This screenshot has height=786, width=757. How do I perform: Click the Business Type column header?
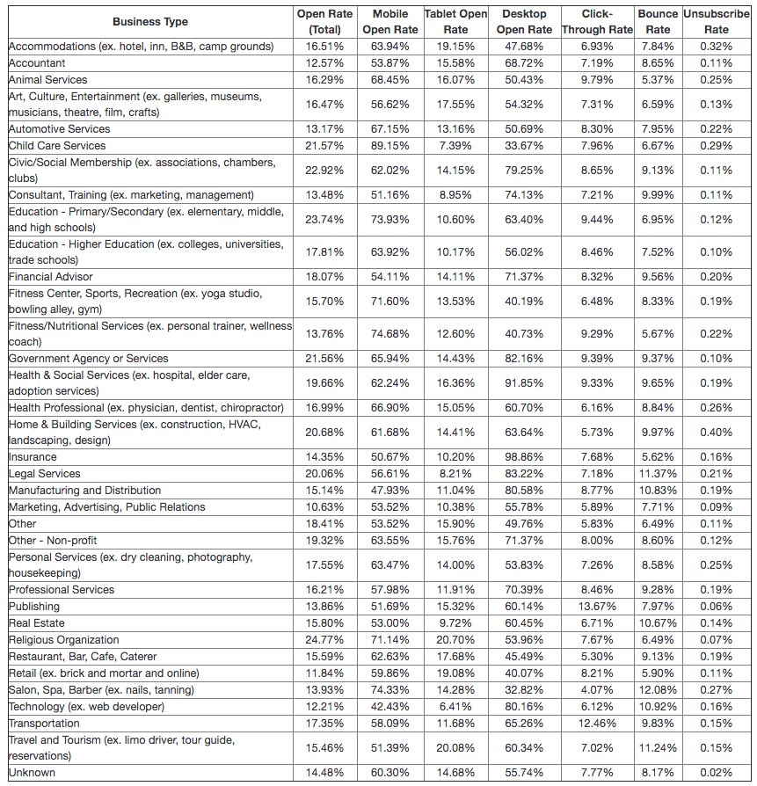pyautogui.click(x=149, y=22)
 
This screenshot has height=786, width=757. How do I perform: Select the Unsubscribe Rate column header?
pyautogui.click(x=717, y=22)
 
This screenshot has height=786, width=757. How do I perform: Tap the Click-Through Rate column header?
pyautogui.click(x=597, y=22)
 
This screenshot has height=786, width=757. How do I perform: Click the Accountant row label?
pyautogui.click(x=37, y=63)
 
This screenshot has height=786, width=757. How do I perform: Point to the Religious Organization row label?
pyautogui.click(x=63, y=640)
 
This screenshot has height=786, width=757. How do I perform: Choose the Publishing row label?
pyautogui.click(x=34, y=607)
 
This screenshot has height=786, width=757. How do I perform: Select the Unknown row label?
pyautogui.click(x=32, y=773)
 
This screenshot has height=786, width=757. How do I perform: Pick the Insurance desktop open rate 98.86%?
pyautogui.click(x=522, y=457)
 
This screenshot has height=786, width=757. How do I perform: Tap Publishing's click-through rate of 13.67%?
pyautogui.click(x=597, y=607)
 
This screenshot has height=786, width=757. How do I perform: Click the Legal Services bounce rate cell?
pyautogui.click(x=658, y=474)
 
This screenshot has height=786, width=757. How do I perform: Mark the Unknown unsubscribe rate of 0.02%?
pyautogui.click(x=717, y=773)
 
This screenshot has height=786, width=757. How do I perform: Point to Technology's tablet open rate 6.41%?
pyautogui.click(x=455, y=707)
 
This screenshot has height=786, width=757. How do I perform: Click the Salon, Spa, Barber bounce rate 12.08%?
pyautogui.click(x=658, y=690)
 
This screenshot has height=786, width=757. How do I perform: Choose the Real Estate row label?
pyautogui.click(x=37, y=623)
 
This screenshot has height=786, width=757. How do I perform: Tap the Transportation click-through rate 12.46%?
pyautogui.click(x=597, y=724)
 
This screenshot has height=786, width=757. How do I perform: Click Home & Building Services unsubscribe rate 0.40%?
pyautogui.click(x=717, y=433)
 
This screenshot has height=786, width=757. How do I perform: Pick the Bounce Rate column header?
pyautogui.click(x=658, y=22)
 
